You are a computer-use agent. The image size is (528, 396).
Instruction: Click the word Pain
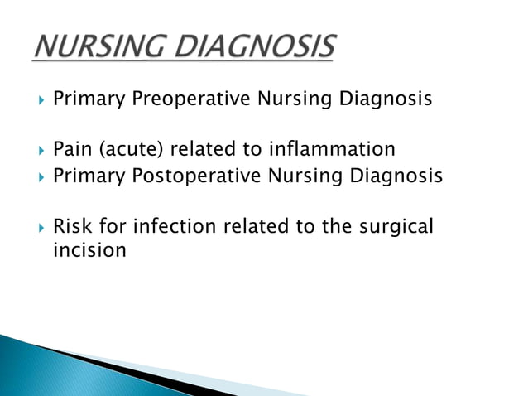pos(71,150)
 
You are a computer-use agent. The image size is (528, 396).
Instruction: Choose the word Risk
pos(72,226)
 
